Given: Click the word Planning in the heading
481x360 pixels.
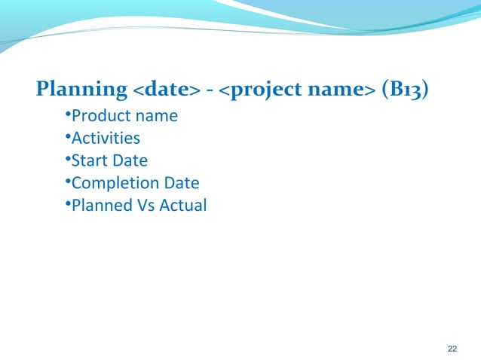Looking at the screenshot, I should pyautogui.click(x=81, y=90).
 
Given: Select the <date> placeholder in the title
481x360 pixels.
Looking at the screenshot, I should pyautogui.click(x=167, y=91).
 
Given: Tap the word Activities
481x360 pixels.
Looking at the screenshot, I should pyautogui.click(x=105, y=139).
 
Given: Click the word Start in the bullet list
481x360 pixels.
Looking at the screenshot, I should pyautogui.click(x=88, y=160).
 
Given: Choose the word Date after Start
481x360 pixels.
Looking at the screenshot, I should pyautogui.click(x=129, y=160).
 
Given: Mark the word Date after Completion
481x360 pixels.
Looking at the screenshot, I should pyautogui.click(x=181, y=182).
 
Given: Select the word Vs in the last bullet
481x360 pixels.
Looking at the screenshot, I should pyautogui.click(x=143, y=205).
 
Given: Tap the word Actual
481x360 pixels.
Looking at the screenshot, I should pyautogui.click(x=182, y=205).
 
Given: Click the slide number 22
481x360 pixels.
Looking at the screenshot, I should pyautogui.click(x=452, y=348).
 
